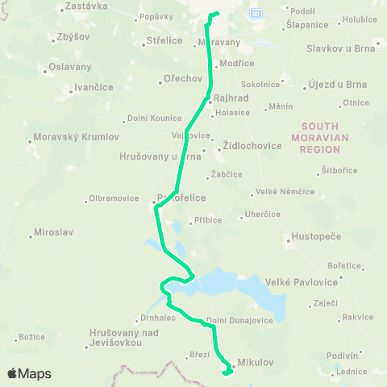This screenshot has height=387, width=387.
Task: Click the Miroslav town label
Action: coord(52,232)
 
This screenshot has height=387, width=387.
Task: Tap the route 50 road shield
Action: coord(256,14)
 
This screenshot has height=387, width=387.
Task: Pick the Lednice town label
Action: coord(352,372)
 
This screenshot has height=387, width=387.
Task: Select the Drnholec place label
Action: coord(153,318)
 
